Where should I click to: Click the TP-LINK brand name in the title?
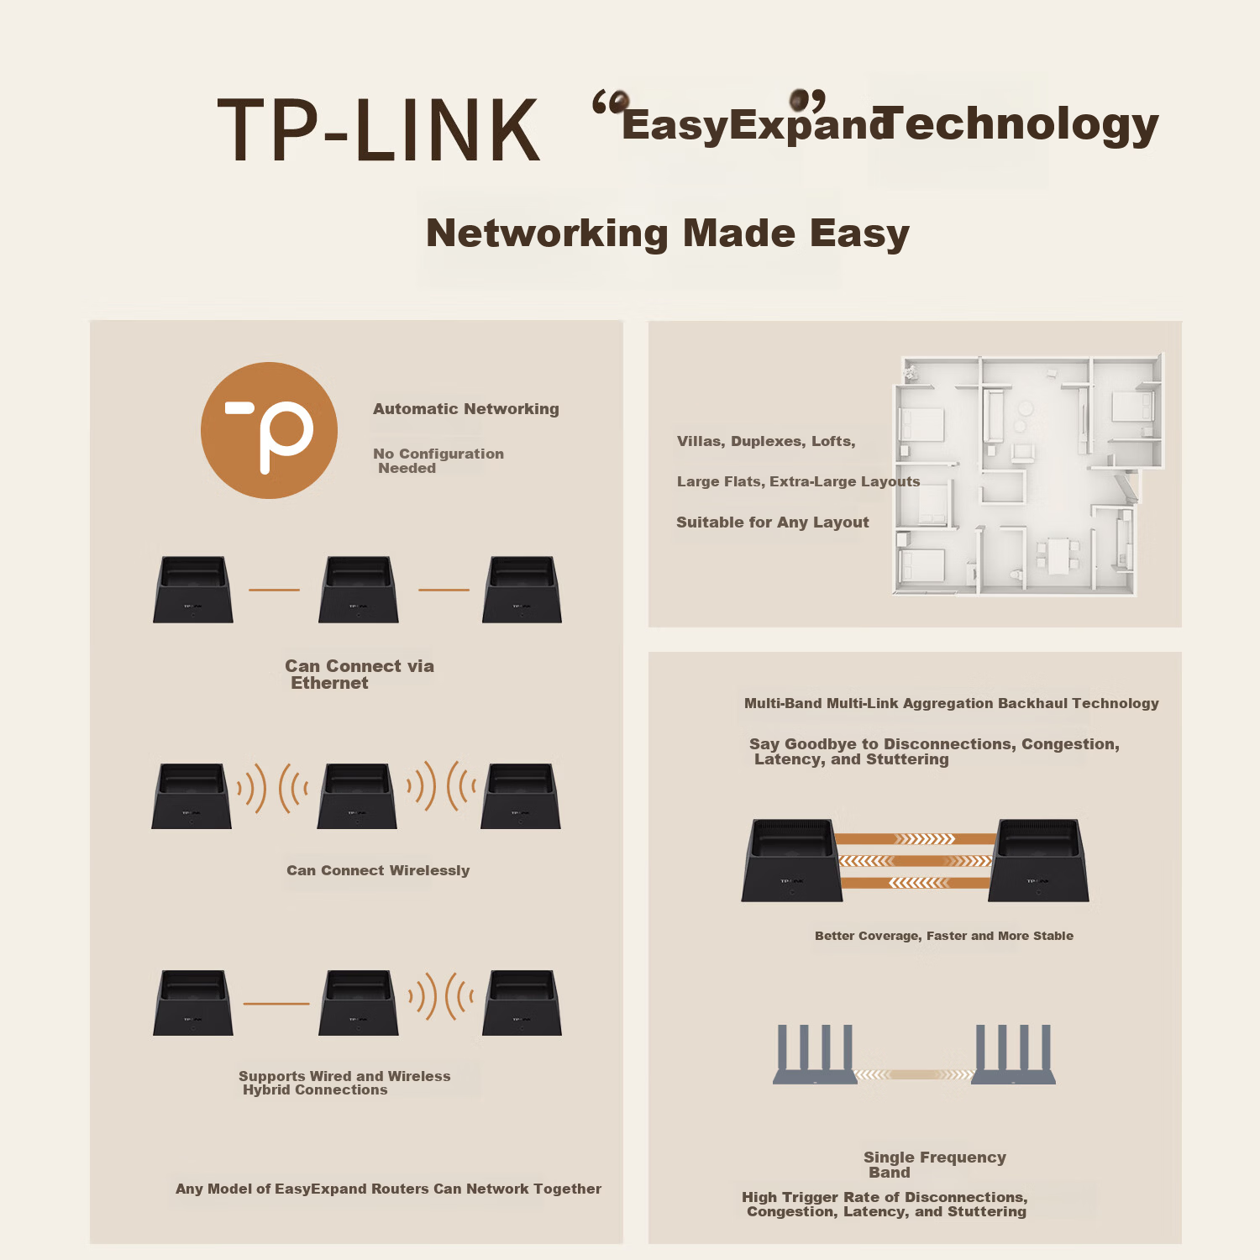379,129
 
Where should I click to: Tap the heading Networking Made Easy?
668,234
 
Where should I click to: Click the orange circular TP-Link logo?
269,430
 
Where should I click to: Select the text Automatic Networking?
466,409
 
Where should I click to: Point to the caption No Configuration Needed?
438,460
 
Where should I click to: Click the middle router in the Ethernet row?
358,589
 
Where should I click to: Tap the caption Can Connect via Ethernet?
360,675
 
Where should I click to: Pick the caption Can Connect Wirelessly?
378,870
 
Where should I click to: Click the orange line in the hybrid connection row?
276,1004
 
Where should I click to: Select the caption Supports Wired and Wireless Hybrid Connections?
344,1083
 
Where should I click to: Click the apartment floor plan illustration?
1028,475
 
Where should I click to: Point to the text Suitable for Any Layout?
773,522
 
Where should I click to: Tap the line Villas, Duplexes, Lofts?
766,442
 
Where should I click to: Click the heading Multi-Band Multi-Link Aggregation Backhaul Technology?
952,703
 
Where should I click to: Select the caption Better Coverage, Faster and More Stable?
944,936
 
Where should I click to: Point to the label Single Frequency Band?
935,1164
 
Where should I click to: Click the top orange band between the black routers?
916,838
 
